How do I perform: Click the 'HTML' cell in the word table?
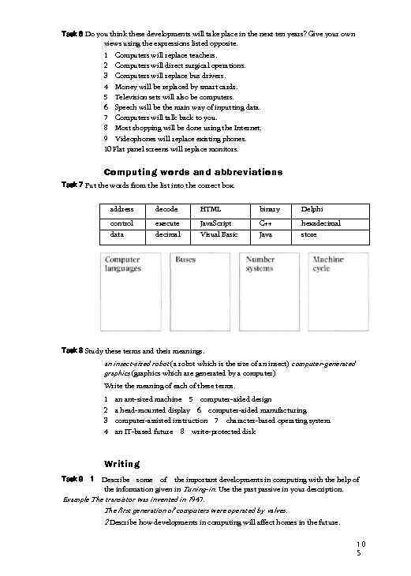point(211,209)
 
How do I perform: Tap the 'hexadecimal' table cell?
point(321,223)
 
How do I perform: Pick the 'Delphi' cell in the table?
point(312,209)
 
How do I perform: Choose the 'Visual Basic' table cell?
point(219,234)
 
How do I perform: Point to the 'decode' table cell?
point(166,209)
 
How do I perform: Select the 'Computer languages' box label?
point(123,264)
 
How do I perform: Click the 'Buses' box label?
point(186,259)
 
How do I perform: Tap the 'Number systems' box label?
point(261,264)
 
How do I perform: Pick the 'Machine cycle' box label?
point(328,264)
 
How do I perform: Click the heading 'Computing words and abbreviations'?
point(193,172)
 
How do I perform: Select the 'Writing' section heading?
point(121,463)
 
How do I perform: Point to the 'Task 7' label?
point(72,185)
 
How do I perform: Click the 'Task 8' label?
point(72,350)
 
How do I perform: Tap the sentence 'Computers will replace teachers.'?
point(166,55)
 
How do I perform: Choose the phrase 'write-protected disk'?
point(223,432)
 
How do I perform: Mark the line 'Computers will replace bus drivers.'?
point(169,76)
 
